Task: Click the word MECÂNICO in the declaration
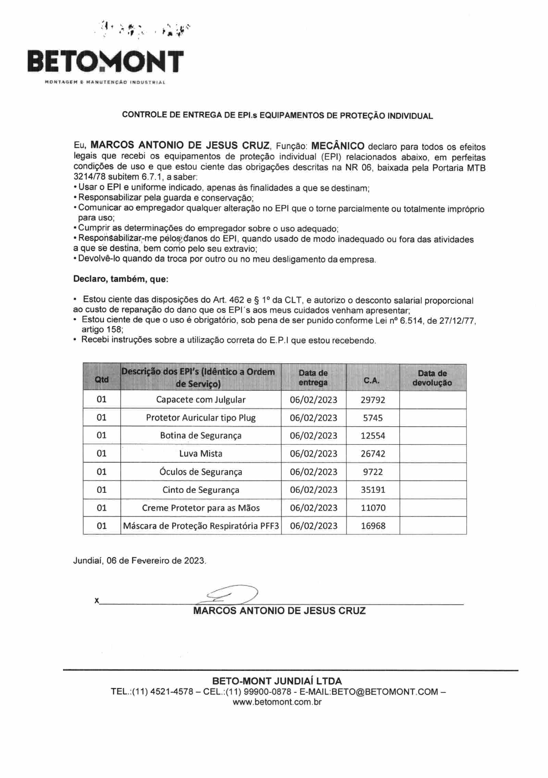(338, 146)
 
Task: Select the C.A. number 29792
(373, 400)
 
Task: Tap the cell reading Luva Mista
(201, 453)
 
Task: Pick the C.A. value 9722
(373, 472)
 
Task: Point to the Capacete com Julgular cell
(201, 400)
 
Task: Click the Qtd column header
(102, 379)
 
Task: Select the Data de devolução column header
(432, 378)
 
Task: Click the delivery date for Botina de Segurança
(313, 436)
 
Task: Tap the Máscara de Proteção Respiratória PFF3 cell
(201, 526)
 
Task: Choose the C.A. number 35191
(373, 490)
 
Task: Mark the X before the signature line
(97, 600)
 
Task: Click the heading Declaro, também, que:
(121, 279)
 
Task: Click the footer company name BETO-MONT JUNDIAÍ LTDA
(277, 681)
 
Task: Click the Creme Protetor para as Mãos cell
(201, 507)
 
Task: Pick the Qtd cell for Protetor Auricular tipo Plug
(102, 417)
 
